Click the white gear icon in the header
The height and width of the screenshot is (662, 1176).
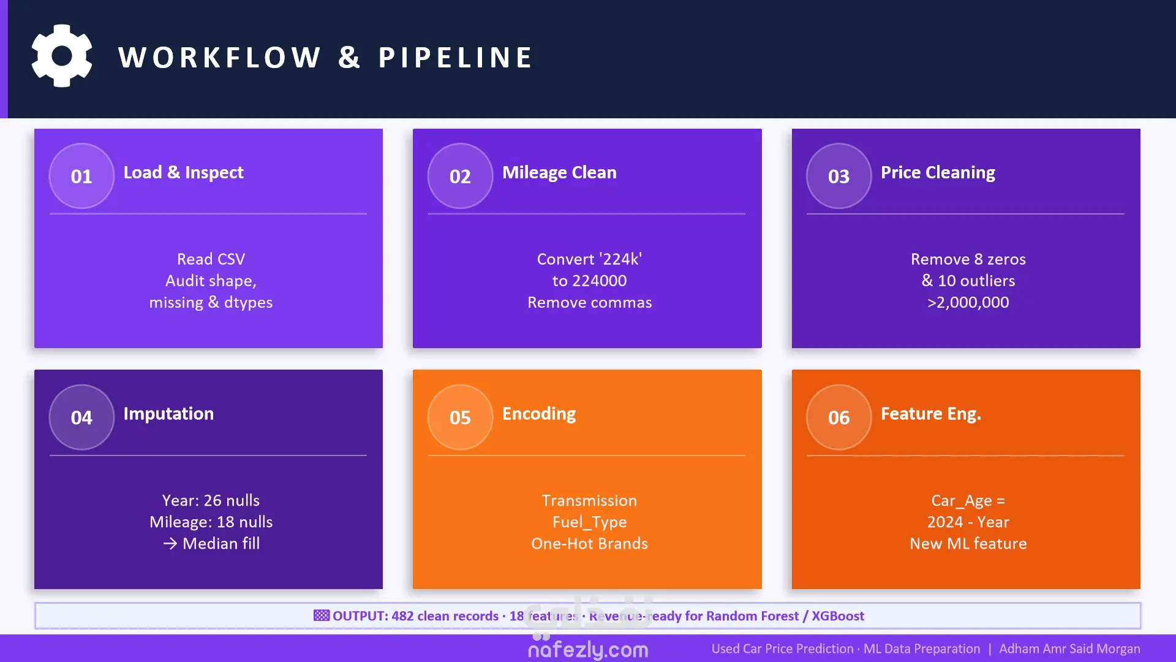pos(62,56)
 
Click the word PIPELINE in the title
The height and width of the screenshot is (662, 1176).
pos(455,58)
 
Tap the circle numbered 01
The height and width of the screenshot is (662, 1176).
pos(81,176)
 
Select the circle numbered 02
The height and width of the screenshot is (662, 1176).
pos(460,176)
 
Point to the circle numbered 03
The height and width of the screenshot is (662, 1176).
pos(839,176)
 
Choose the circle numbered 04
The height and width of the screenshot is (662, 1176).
pos(81,417)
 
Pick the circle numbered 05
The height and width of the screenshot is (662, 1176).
pos(460,417)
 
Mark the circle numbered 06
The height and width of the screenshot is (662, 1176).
pos(839,417)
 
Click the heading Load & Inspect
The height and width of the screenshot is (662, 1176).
pos(184,172)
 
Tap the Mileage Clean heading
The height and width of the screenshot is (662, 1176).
pos(559,172)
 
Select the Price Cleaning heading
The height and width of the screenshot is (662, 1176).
pos(938,172)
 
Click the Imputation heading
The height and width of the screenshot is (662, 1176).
pos(168,414)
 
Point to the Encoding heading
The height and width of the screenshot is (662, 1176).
pos(539,414)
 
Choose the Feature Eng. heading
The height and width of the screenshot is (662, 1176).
pos(931,414)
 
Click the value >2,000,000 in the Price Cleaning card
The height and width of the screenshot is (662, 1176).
pos(968,302)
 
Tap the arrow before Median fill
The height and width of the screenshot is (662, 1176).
pos(170,544)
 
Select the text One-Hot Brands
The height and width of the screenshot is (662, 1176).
pos(589,544)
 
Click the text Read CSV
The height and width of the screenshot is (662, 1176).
pos(211,259)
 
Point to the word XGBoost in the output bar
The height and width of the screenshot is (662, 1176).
pos(838,616)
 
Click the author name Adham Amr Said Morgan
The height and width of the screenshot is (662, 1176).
pos(1069,649)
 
